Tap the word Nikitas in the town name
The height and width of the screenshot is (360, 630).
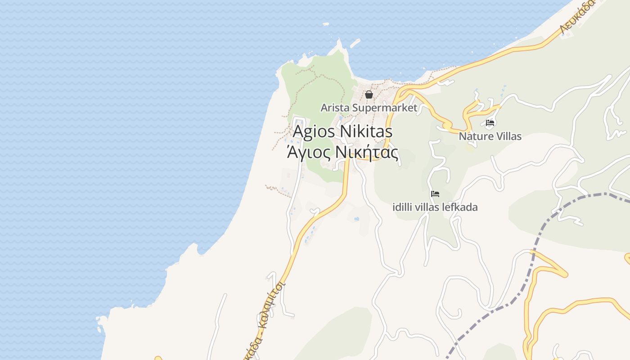coord(366,132)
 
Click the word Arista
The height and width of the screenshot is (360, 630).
coord(335,108)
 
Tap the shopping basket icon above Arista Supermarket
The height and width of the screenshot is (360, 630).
coord(369,94)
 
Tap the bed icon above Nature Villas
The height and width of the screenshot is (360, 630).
coord(490,122)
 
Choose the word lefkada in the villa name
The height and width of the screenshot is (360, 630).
coord(462,207)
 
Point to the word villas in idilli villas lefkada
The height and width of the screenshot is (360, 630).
coord(430,207)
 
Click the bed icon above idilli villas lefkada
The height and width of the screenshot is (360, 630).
coord(435,194)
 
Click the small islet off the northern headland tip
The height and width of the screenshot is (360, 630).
coord(355,43)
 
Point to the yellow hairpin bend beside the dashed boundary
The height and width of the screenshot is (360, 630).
coord(562,273)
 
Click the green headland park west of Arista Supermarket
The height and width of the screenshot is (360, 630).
coord(315,90)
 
